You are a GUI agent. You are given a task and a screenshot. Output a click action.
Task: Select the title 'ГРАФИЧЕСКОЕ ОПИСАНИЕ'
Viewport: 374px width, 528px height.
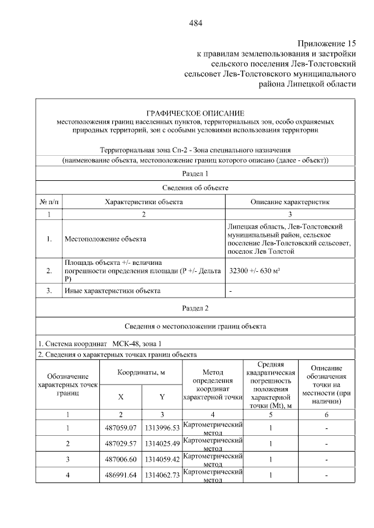pyautogui.click(x=195, y=112)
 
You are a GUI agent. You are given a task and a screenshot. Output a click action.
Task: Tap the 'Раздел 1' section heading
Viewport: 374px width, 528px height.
pyautogui.click(x=195, y=173)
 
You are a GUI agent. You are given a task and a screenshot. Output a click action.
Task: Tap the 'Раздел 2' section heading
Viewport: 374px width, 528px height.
pyautogui.click(x=195, y=307)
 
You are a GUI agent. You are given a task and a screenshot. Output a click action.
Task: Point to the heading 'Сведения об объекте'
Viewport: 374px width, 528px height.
pyautogui.click(x=195, y=187)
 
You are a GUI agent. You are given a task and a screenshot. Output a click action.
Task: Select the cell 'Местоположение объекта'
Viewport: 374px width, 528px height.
pyautogui.click(x=105, y=239)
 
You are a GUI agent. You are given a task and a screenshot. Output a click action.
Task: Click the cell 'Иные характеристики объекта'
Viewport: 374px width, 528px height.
pyautogui.click(x=112, y=290)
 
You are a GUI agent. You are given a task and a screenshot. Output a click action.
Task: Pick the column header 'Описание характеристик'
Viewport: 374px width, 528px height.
pyautogui.click(x=290, y=202)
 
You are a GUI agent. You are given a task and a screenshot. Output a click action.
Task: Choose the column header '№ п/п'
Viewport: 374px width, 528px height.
pyautogui.click(x=50, y=202)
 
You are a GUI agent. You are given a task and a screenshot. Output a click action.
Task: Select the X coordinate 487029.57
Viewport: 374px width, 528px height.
pyautogui.click(x=121, y=443)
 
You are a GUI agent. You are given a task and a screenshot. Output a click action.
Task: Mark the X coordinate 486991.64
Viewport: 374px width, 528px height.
pyautogui.click(x=121, y=475)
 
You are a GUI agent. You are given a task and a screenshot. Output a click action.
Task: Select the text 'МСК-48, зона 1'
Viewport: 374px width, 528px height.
pyautogui.click(x=137, y=343)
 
